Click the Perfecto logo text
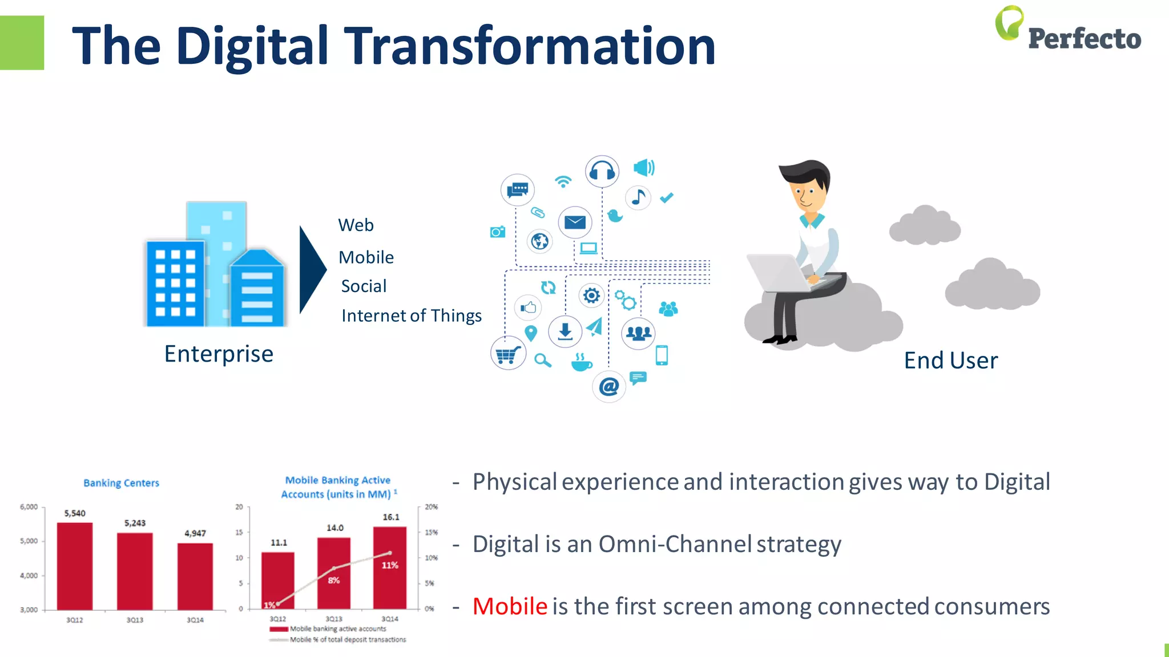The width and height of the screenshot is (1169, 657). pos(1084,39)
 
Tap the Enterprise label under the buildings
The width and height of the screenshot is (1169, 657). pos(219,354)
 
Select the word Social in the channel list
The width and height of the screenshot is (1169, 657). pos(364,286)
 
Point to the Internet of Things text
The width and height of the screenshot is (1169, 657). pos(411,315)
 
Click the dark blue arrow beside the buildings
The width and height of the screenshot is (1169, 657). pos(312,269)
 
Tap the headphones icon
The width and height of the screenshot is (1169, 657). pos(602,171)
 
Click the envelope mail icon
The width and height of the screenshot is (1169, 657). pos(575,222)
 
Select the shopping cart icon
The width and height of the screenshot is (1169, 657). pos(507,354)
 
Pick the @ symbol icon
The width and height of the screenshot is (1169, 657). pos(609,387)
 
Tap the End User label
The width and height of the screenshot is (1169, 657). pos(951,360)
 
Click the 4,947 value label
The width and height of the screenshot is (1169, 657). pos(195,533)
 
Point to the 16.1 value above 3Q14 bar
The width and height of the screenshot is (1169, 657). pos(391,517)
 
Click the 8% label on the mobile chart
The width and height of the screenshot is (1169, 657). pos(334,580)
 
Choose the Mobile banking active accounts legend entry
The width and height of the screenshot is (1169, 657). pos(337,628)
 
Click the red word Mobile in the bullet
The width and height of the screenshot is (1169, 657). pos(510,606)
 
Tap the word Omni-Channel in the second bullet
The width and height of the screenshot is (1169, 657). pos(675,544)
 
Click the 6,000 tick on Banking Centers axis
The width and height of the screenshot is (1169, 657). pos(29,507)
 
